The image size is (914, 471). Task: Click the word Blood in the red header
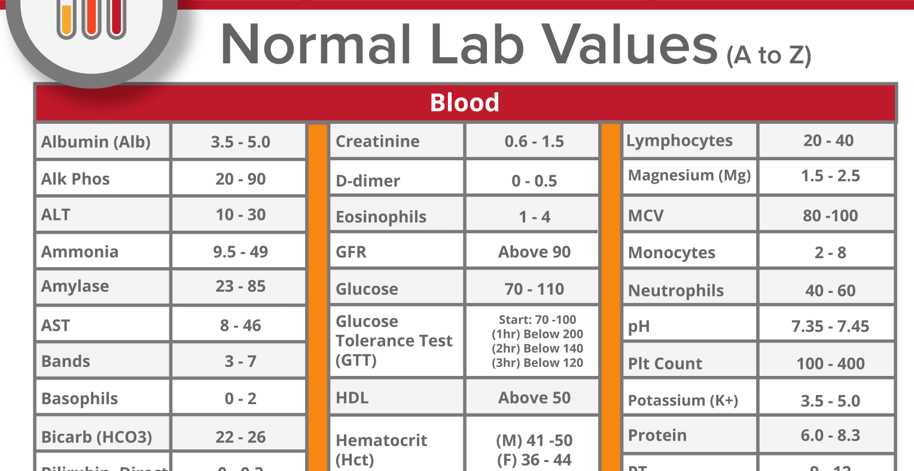(x=464, y=103)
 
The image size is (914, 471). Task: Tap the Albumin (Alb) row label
(x=96, y=142)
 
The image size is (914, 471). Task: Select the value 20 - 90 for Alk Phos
(x=240, y=179)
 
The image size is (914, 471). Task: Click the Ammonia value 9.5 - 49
(x=240, y=252)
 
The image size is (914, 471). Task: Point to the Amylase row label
(x=75, y=286)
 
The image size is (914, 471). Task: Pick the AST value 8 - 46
(x=240, y=325)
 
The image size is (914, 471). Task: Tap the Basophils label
(x=80, y=399)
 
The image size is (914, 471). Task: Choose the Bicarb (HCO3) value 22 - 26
(x=240, y=437)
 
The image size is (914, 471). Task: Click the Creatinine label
(x=377, y=142)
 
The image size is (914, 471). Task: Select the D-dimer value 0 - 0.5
(x=534, y=181)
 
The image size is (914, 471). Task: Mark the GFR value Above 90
(x=534, y=252)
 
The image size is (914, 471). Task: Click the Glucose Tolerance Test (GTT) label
(x=394, y=341)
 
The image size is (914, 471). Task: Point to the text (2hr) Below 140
(x=537, y=348)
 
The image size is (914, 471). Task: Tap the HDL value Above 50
(x=534, y=398)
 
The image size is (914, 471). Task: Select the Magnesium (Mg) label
(x=689, y=176)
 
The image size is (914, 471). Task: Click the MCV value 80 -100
(x=830, y=216)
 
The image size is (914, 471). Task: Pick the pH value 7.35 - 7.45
(x=830, y=326)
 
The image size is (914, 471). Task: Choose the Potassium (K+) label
(x=683, y=400)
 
